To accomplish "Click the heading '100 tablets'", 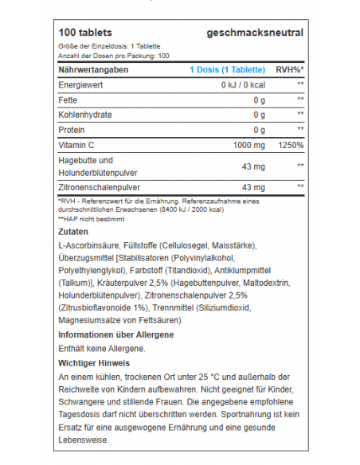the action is point(88,33).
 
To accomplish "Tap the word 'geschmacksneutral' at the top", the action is point(254,33).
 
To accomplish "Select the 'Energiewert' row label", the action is point(82,84).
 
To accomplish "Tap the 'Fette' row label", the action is point(69,100).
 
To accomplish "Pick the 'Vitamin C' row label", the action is point(77,145).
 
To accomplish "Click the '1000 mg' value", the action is point(248,145).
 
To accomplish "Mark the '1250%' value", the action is point(291,145).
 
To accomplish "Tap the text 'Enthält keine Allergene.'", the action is point(102,349).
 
